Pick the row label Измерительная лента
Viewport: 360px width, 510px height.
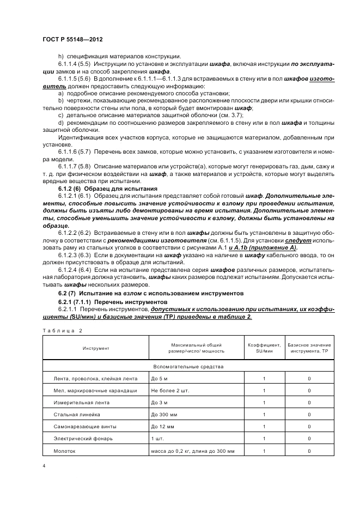(x=81, y=403)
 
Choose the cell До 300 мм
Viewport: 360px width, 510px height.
(x=166, y=415)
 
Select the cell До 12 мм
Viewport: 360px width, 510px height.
(x=164, y=427)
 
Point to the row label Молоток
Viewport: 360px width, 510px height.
(x=65, y=451)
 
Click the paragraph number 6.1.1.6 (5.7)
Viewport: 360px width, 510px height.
(x=74, y=150)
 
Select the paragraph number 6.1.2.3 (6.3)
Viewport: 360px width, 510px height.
(x=74, y=254)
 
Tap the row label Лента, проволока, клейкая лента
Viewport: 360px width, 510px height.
(x=96, y=379)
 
